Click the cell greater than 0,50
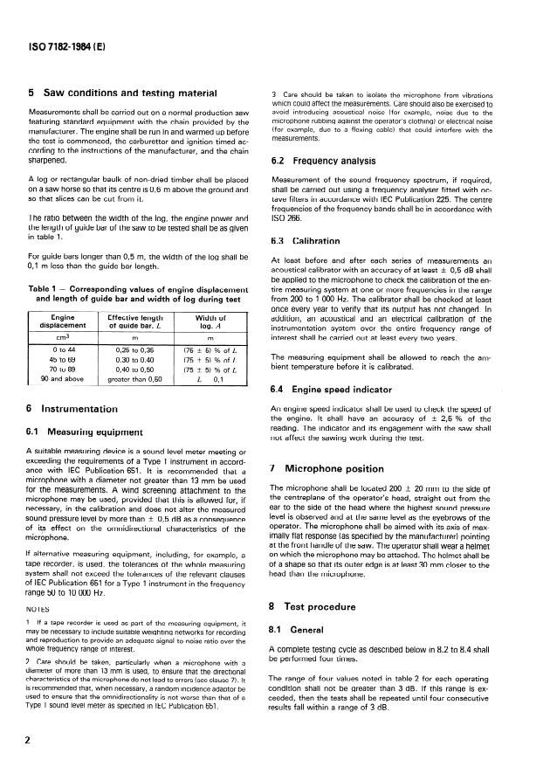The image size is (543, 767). [x=129, y=380]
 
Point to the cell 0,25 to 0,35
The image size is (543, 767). [x=129, y=350]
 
